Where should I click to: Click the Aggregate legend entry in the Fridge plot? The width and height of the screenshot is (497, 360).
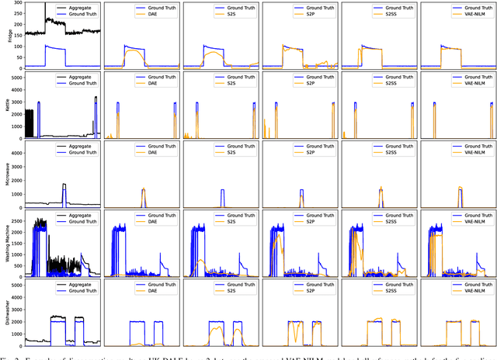coord(75,7)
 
